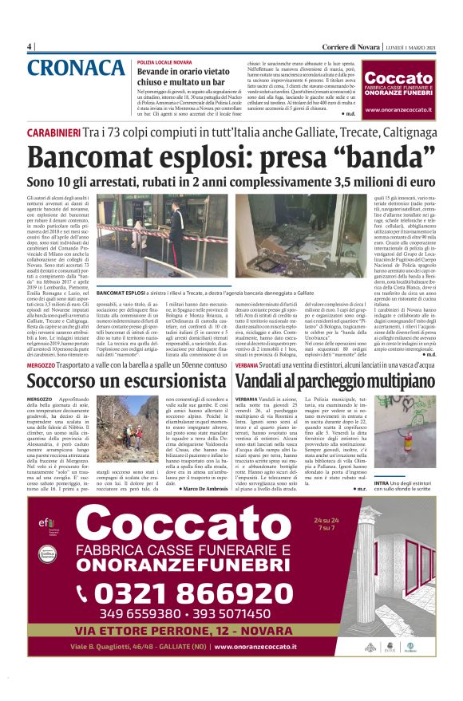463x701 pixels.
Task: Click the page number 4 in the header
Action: (29, 46)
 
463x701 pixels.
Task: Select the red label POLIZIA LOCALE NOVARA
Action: (164, 61)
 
